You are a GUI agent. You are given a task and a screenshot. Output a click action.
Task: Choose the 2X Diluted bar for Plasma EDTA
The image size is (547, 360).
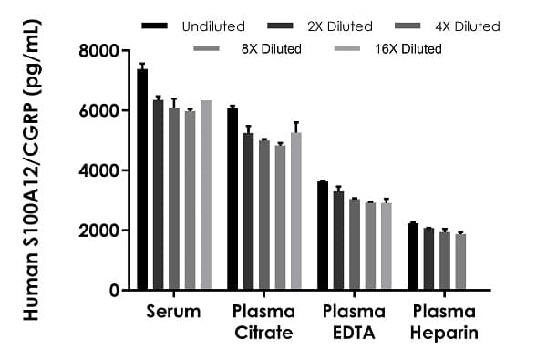click(x=338, y=241)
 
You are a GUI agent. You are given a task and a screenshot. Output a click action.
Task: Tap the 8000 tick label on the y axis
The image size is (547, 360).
click(x=104, y=51)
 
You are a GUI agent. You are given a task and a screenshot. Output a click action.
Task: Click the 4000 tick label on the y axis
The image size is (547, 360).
click(x=104, y=170)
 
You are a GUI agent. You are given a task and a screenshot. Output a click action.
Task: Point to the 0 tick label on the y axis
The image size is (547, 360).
click(x=117, y=291)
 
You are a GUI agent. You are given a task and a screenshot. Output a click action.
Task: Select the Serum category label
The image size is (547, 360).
click(x=172, y=312)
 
